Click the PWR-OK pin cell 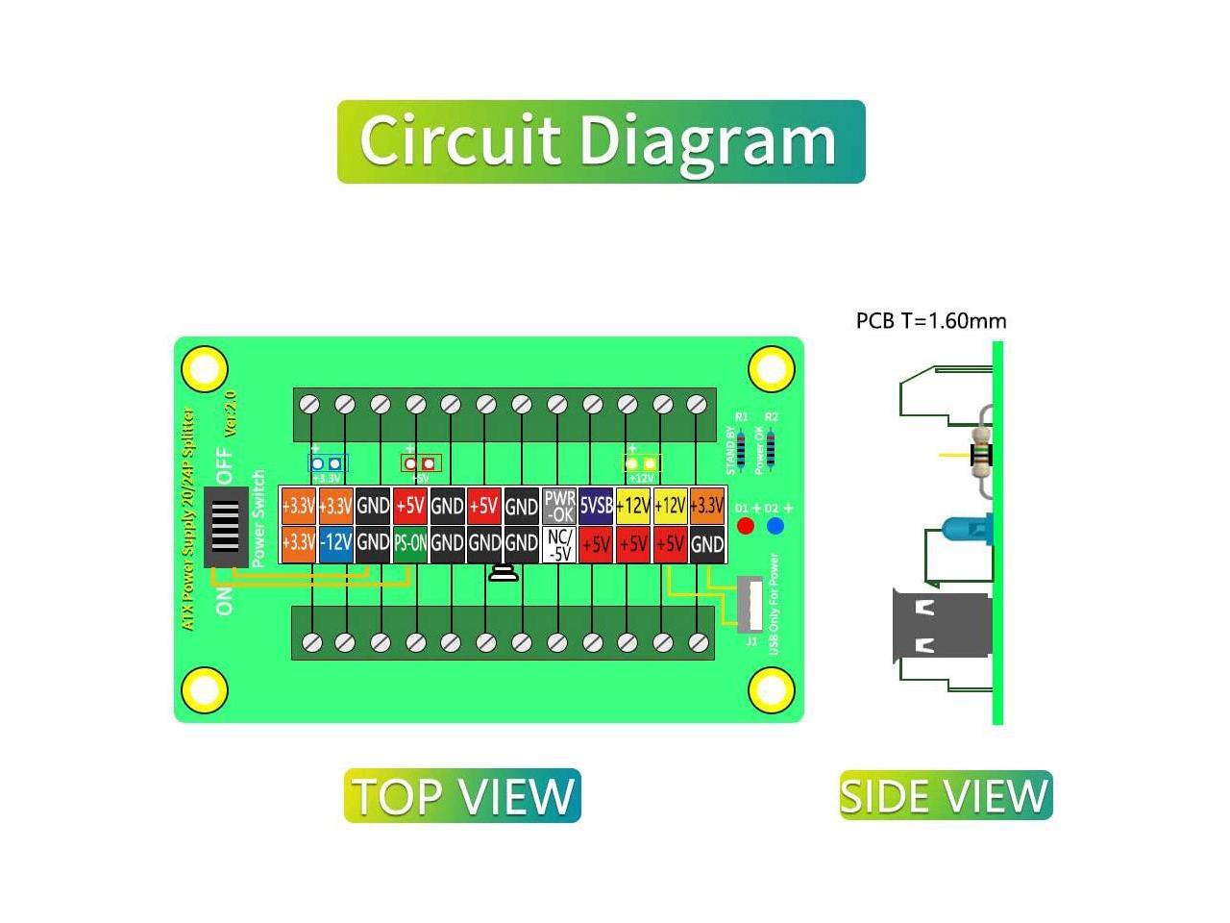pos(559,506)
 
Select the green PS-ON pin pos(410,543)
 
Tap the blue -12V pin pos(335,543)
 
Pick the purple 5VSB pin pos(596,506)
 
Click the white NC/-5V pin pos(559,544)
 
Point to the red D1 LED pos(746,526)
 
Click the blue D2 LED pos(775,526)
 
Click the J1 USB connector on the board pos(750,605)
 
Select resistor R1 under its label pos(741,446)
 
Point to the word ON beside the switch pos(225,601)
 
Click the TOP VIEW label pos(462,796)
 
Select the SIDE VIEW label pos(946,796)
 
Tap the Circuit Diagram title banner pos(601,141)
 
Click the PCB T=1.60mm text pos(931,321)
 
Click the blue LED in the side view pos(967,527)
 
